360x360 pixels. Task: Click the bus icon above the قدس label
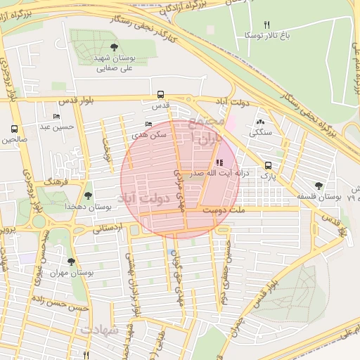pyautogui.click(x=161, y=94)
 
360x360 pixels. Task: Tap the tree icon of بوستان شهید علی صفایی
pyautogui.click(x=114, y=47)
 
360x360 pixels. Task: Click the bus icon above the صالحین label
pyautogui.click(x=14, y=129)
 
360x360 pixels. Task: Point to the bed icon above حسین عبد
pyautogui.click(x=56, y=116)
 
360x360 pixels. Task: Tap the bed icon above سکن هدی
pyautogui.click(x=148, y=124)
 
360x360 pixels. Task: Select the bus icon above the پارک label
pyautogui.click(x=267, y=165)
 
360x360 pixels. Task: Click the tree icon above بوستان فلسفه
pyautogui.click(x=319, y=186)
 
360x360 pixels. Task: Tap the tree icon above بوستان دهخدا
pyautogui.click(x=88, y=196)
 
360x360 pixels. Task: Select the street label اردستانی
pyautogui.click(x=108, y=228)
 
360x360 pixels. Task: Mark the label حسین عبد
pyautogui.click(x=56, y=127)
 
